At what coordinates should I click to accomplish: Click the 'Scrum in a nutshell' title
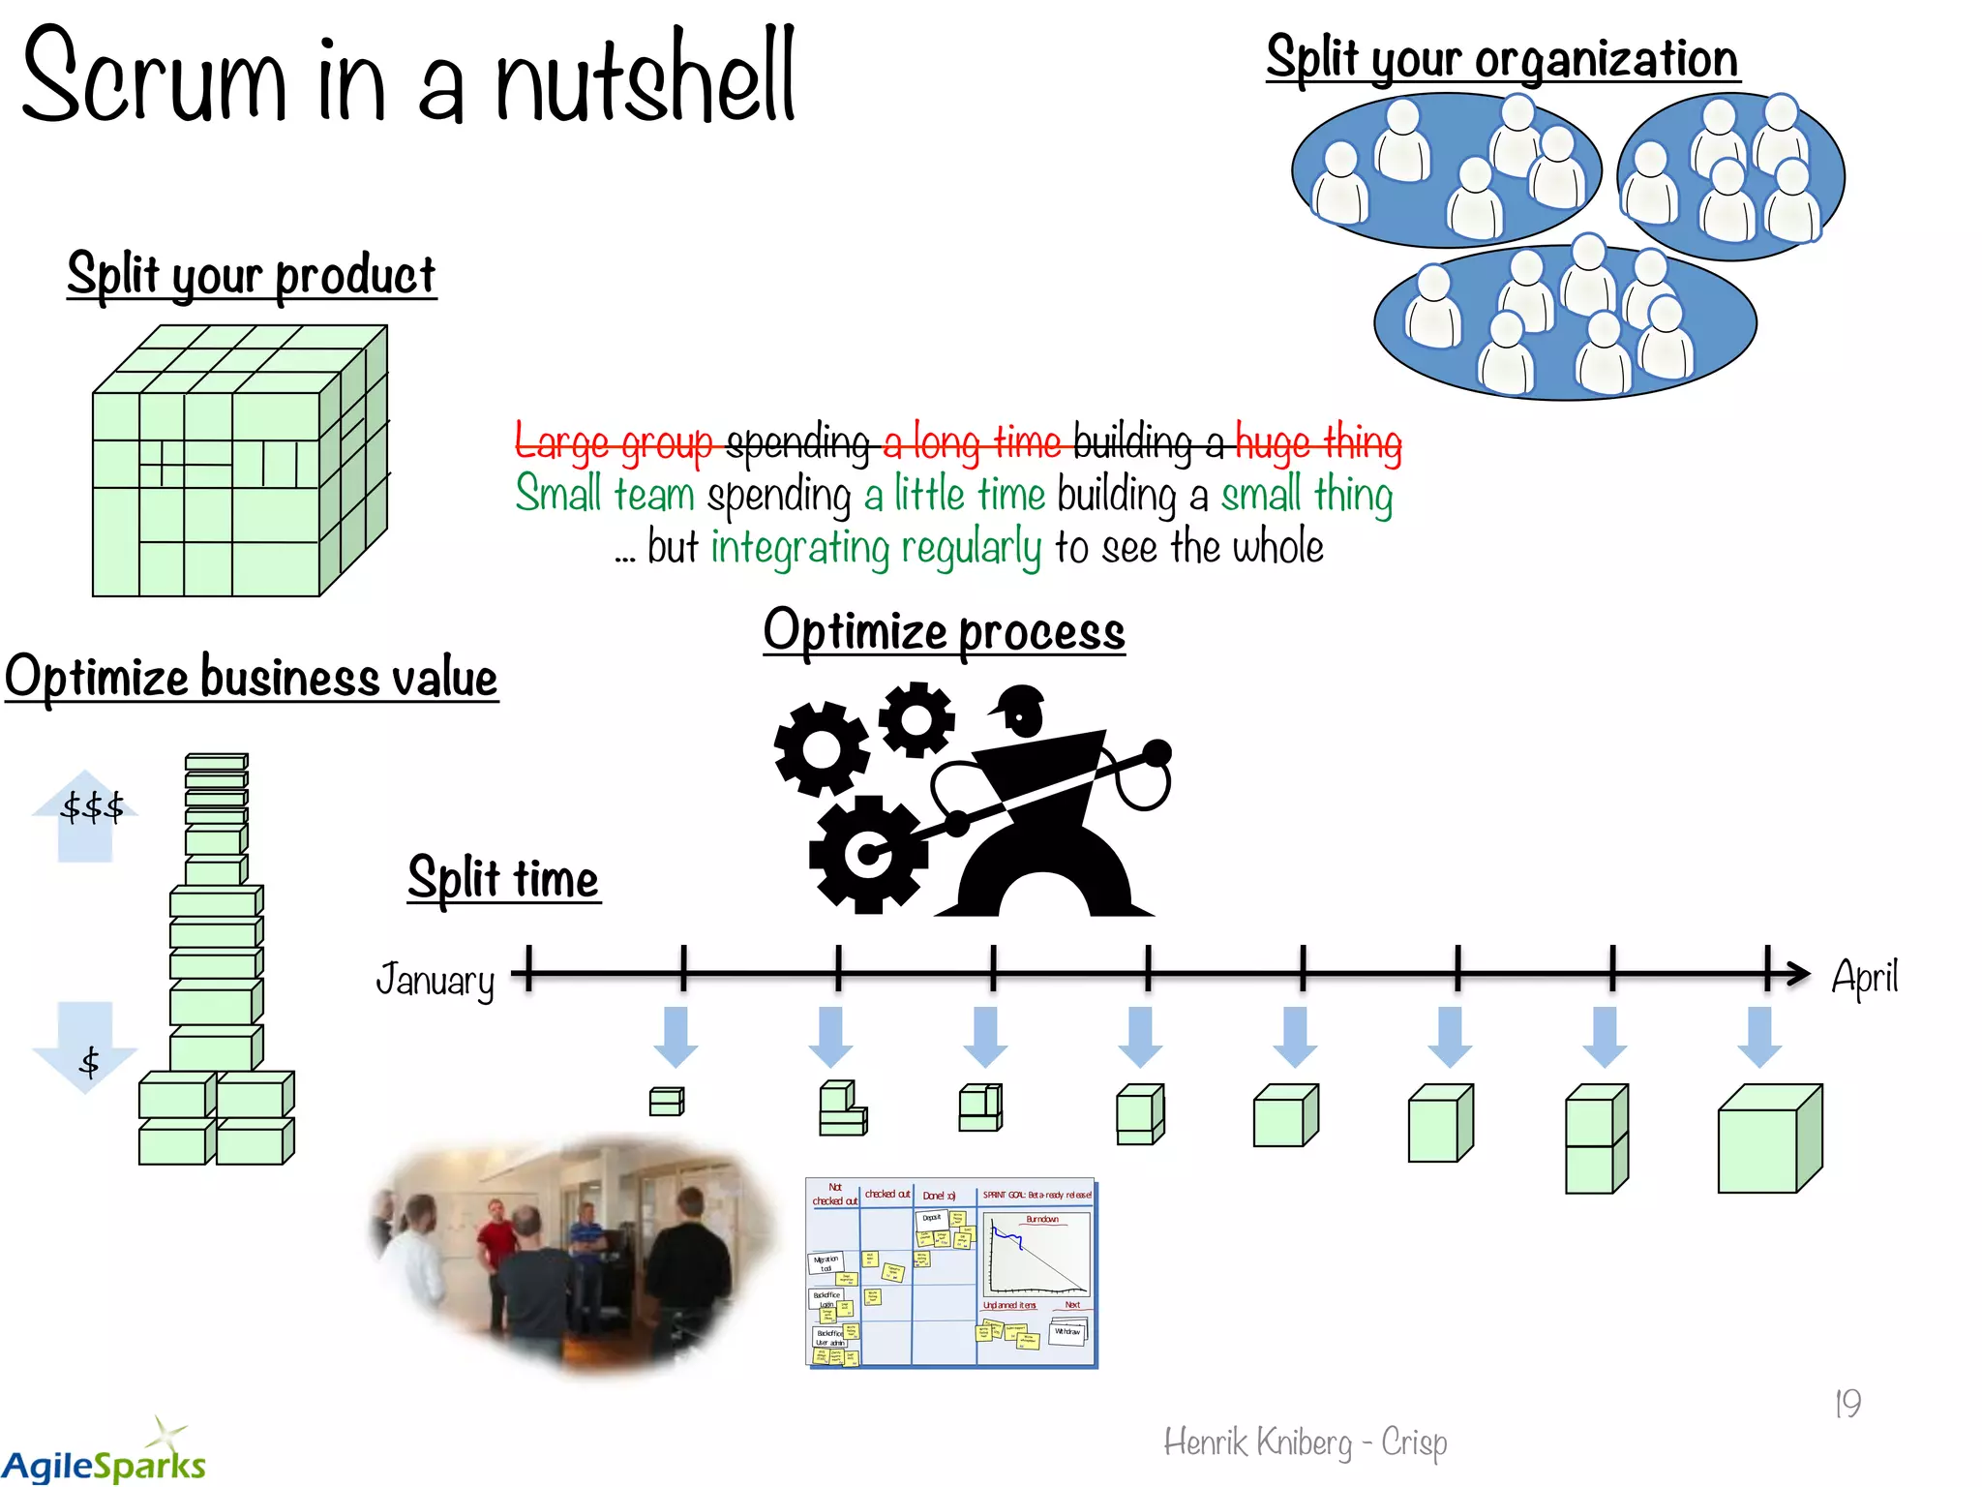point(406,77)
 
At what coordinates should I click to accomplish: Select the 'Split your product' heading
point(252,275)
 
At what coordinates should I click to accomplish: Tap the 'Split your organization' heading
point(1502,60)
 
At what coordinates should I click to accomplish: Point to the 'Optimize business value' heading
point(252,677)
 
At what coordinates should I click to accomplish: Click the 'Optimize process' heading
point(944,632)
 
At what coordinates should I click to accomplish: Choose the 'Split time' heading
point(503,879)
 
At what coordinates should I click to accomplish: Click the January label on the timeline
point(435,980)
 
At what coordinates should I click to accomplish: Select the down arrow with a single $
point(86,1050)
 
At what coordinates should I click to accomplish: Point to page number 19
point(1847,1403)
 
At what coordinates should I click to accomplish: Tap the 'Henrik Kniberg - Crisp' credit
point(1305,1442)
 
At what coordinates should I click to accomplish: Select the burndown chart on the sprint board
point(1036,1255)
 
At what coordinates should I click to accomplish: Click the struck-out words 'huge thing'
point(1318,443)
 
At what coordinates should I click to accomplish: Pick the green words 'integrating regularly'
point(876,548)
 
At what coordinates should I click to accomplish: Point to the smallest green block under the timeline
point(666,1102)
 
